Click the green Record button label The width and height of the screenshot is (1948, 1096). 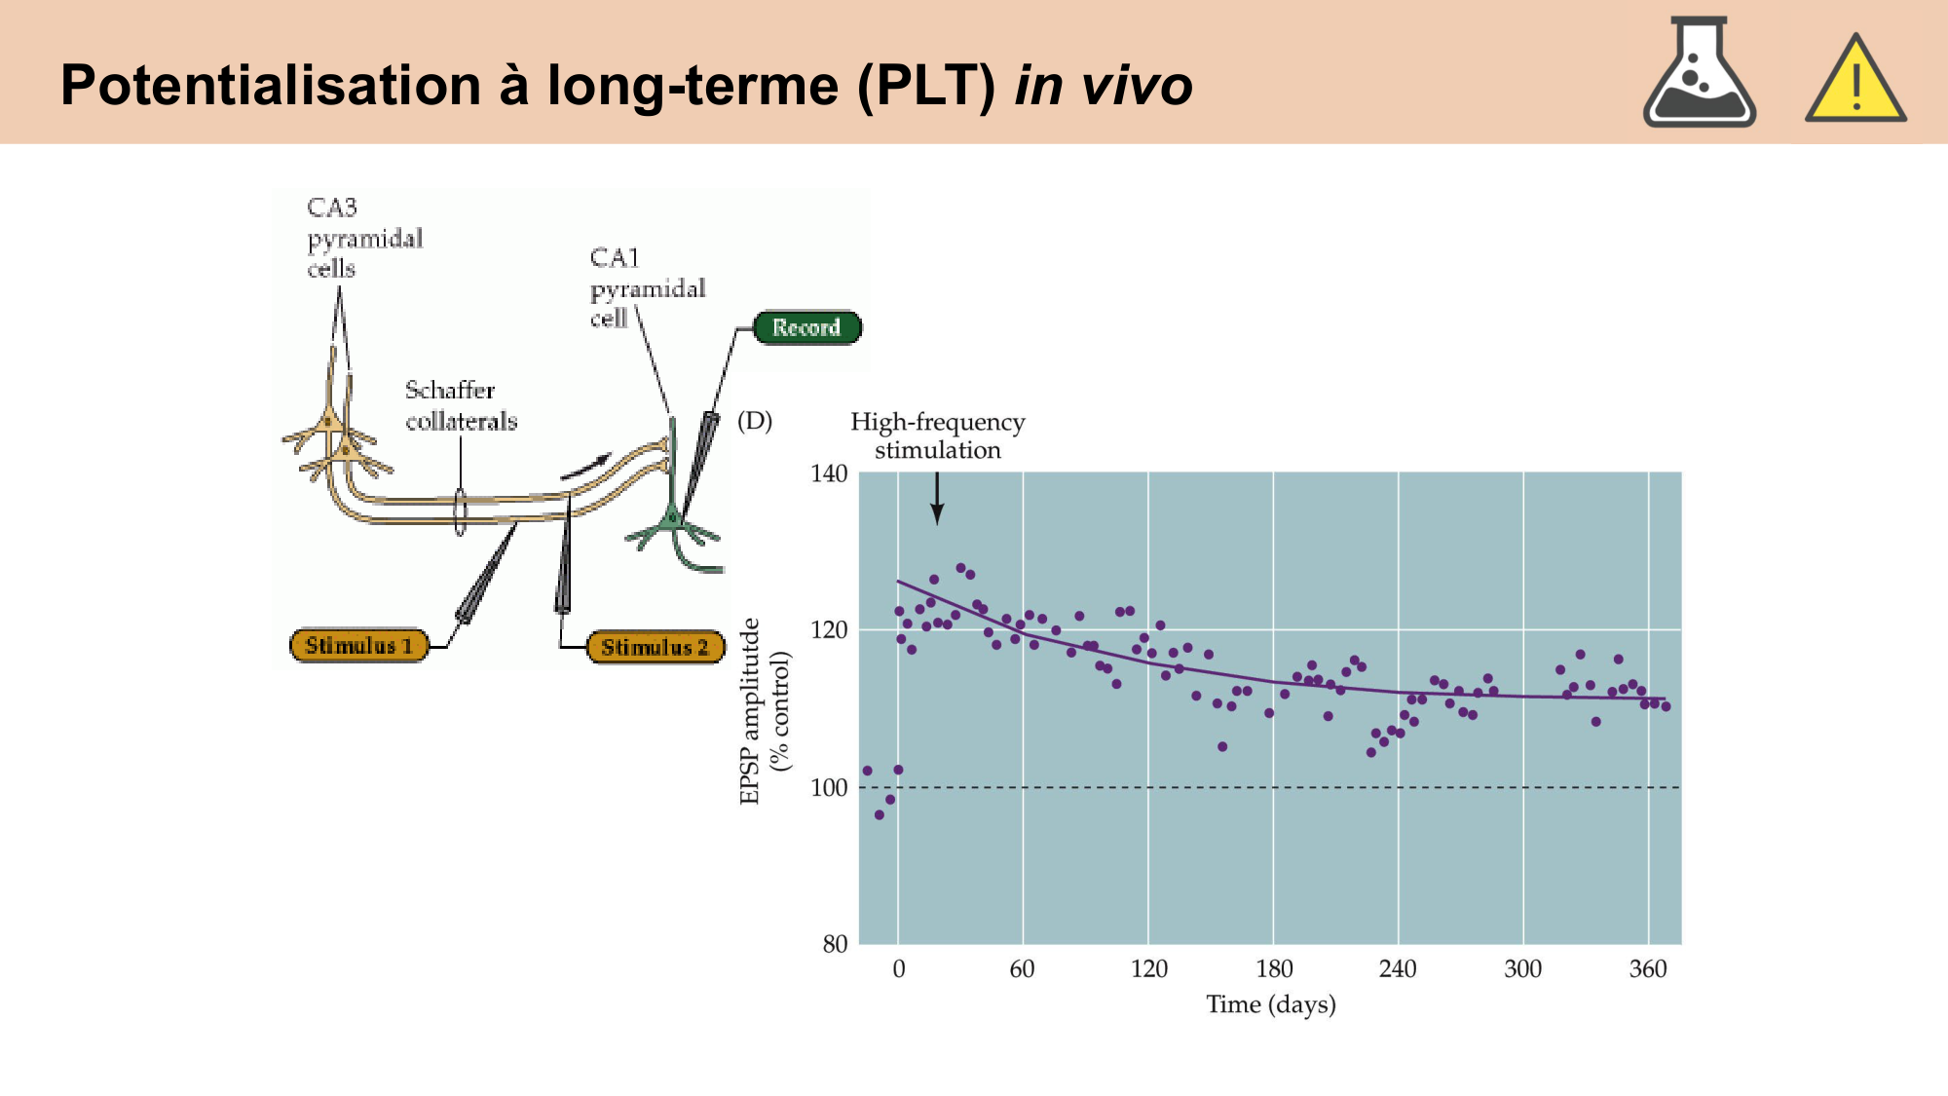coord(806,327)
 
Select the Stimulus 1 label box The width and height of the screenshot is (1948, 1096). coord(359,645)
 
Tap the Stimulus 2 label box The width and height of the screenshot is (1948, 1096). coord(656,647)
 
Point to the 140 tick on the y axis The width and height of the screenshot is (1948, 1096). coord(829,474)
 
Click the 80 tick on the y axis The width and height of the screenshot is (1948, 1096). coord(835,944)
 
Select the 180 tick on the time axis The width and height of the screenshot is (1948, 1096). coord(1274,969)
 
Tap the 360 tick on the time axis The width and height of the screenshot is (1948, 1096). coord(1648,969)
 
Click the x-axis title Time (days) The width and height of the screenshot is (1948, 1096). coord(1271,1004)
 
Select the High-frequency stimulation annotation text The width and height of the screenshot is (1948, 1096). coord(937,435)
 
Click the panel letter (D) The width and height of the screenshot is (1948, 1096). coord(755,421)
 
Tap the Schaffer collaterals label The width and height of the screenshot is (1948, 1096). coord(461,405)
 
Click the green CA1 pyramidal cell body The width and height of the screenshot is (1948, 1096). coord(671,519)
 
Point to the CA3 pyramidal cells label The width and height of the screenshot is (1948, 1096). coord(364,238)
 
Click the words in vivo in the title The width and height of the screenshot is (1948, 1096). coord(1104,85)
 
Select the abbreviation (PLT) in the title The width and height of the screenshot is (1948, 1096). coord(926,85)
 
